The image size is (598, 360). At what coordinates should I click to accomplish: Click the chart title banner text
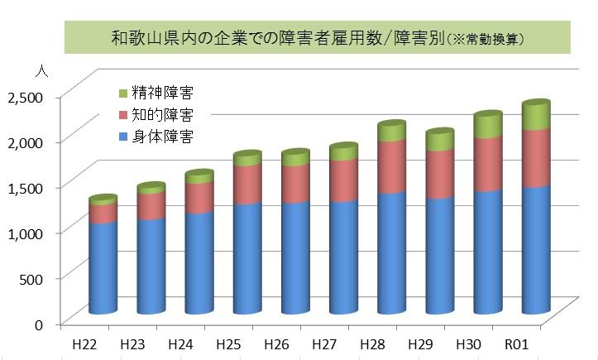click(318, 37)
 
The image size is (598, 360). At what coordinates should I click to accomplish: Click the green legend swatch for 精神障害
click(123, 92)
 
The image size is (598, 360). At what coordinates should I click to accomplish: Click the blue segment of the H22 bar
click(103, 269)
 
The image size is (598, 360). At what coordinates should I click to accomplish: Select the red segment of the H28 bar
click(391, 167)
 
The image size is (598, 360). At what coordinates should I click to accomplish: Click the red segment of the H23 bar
click(151, 205)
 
